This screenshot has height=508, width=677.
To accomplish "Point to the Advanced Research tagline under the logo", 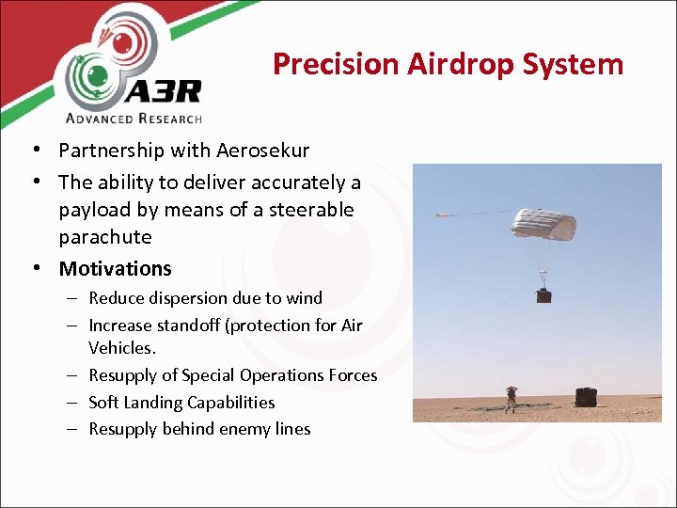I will (134, 118).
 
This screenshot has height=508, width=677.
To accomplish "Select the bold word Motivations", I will (115, 269).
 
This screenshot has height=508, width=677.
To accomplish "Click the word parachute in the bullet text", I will (104, 236).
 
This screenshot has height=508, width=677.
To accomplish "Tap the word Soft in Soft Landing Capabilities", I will (104, 403).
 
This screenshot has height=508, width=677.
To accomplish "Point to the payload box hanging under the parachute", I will (543, 294).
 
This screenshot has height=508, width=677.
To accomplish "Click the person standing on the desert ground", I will (512, 398).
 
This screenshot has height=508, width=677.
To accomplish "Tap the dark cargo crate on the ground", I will (587, 397).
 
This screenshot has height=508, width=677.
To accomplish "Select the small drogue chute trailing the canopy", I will (443, 215).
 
